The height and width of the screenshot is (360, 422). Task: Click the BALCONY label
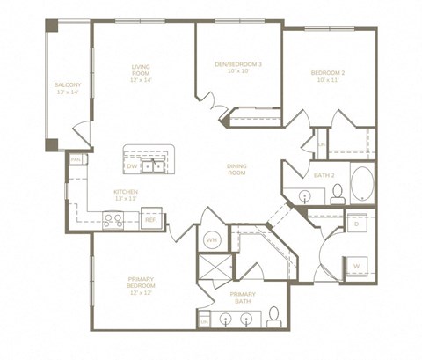[68, 88]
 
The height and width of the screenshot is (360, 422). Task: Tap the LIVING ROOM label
[142, 72]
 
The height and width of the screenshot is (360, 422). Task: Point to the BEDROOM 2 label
[328, 77]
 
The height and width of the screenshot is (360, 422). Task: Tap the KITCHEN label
[125, 195]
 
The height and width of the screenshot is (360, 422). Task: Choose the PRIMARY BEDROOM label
[141, 288]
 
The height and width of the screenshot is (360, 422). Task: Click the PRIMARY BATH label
[242, 298]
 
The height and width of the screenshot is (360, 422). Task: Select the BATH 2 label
[324, 175]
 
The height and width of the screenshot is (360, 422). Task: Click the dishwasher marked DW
[133, 165]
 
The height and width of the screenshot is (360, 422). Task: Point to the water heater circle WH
[211, 239]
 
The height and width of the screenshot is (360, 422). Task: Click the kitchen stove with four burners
[113, 221]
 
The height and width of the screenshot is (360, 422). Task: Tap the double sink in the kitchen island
[156, 165]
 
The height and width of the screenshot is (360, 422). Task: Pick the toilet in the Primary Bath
[273, 315]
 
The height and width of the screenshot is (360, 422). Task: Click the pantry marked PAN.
[76, 159]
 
